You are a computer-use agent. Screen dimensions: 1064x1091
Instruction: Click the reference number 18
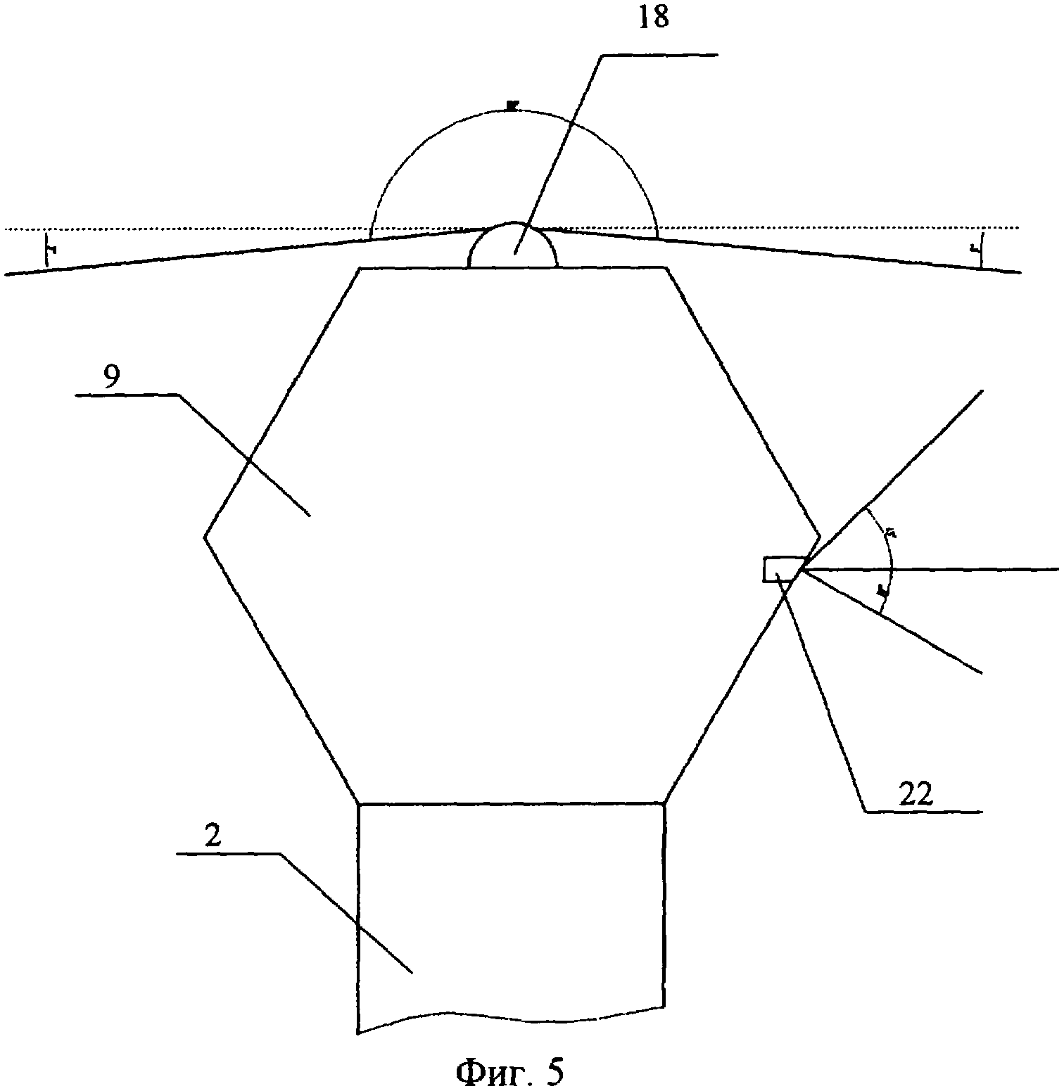[654, 18]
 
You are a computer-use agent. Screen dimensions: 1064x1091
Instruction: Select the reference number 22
[915, 794]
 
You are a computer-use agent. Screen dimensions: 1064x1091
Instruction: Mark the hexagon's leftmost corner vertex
[205, 537]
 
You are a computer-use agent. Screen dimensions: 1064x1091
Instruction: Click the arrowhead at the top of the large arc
[512, 106]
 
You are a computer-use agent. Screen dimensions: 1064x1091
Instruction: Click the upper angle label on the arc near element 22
[889, 534]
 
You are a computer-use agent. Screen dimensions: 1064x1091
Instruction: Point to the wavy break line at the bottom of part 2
[511, 1015]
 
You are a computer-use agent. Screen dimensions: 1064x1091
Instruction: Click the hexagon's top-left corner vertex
[360, 268]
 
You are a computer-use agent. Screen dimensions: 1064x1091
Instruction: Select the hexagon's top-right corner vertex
[666, 268]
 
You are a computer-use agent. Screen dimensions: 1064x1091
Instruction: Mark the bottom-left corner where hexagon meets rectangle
[359, 803]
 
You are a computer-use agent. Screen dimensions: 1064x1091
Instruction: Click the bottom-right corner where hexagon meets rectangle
[664, 803]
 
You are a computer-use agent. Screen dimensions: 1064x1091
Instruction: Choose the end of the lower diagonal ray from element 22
[981, 674]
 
